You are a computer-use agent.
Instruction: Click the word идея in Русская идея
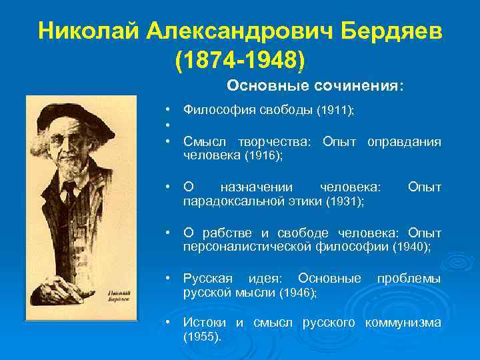pyautogui.click(x=265, y=277)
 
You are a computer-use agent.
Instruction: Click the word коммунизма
pyautogui.click(x=404, y=323)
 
